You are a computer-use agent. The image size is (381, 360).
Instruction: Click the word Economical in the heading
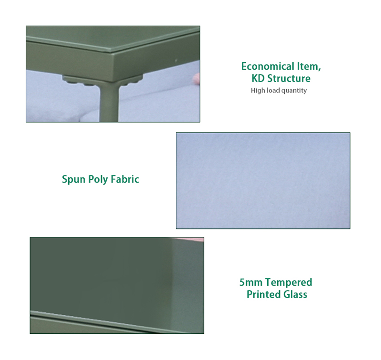pyautogui.click(x=268, y=66)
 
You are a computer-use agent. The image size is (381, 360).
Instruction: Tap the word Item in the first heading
pyautogui.click(x=309, y=66)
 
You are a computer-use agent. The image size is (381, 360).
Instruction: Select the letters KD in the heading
pyautogui.click(x=258, y=78)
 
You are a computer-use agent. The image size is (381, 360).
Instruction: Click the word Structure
pyautogui.click(x=289, y=78)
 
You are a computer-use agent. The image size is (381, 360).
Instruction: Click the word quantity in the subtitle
pyautogui.click(x=294, y=91)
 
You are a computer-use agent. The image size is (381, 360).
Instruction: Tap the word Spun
pyautogui.click(x=74, y=179)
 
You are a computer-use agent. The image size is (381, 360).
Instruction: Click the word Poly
pyautogui.click(x=98, y=179)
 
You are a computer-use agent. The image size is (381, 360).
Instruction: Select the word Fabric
pyautogui.click(x=125, y=179)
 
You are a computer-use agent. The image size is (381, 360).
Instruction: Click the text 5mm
pyautogui.click(x=251, y=282)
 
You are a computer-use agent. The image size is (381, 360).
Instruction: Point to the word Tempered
pyautogui.click(x=289, y=282)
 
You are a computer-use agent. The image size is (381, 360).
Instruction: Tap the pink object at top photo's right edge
pyautogui.click(x=196, y=79)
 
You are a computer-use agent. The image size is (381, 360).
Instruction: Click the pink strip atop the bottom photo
pyautogui.click(x=188, y=239)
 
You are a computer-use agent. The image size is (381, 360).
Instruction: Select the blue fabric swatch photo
pyautogui.click(x=263, y=181)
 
